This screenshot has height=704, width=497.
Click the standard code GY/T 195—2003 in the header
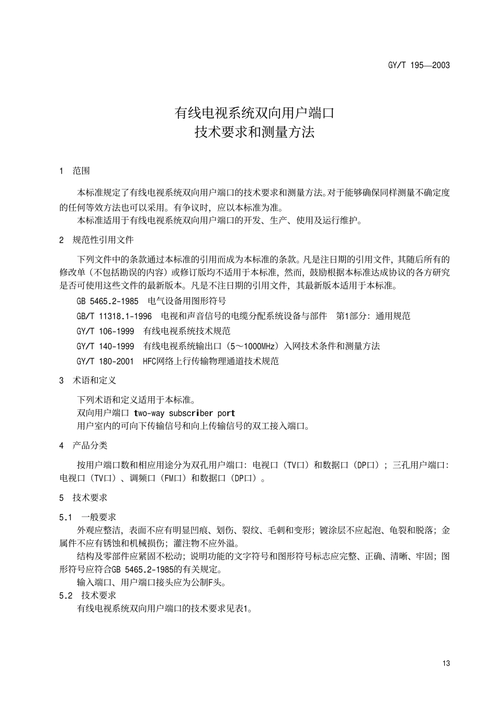tap(419, 65)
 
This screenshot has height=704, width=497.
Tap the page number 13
tap(446, 663)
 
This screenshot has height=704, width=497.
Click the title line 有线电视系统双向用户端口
tap(254, 113)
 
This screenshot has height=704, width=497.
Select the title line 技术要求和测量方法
tap(254, 132)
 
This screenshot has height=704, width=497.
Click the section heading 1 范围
tap(74, 171)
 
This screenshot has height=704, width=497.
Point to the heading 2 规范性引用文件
tap(96, 240)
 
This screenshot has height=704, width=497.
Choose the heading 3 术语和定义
tap(88, 381)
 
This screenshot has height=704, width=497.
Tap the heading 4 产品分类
tap(83, 445)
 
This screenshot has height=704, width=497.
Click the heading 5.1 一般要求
tap(87, 517)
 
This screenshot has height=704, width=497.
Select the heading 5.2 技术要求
tap(87, 595)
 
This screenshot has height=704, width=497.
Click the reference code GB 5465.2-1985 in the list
tap(107, 301)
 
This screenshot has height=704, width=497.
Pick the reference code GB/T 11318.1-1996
tap(114, 316)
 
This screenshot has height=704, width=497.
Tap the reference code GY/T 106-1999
tap(105, 331)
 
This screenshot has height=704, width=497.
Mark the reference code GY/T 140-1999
tap(105, 347)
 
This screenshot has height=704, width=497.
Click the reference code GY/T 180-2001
tap(105, 362)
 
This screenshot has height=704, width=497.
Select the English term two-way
tap(150, 413)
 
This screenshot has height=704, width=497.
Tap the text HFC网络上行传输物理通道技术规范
tap(210, 362)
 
